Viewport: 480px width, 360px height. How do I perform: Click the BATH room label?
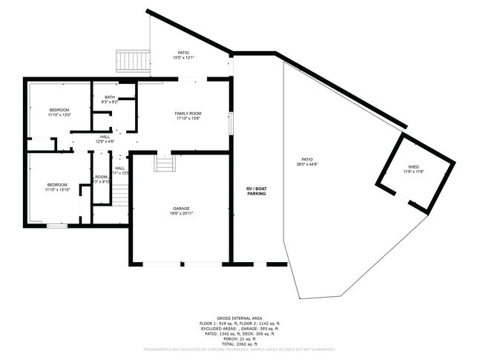click(x=110, y=97)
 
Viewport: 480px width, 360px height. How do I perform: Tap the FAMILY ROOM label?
click(x=188, y=113)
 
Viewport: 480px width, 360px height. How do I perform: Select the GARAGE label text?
click(x=181, y=209)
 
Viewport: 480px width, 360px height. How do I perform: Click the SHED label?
click(x=413, y=166)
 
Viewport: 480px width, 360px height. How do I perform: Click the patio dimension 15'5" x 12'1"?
click(x=183, y=58)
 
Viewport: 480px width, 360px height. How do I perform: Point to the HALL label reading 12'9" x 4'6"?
click(x=104, y=142)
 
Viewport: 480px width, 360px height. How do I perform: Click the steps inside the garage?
click(x=163, y=163)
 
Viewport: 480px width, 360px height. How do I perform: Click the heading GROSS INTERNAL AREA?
click(x=240, y=318)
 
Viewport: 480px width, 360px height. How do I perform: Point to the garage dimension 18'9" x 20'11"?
click(x=181, y=214)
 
